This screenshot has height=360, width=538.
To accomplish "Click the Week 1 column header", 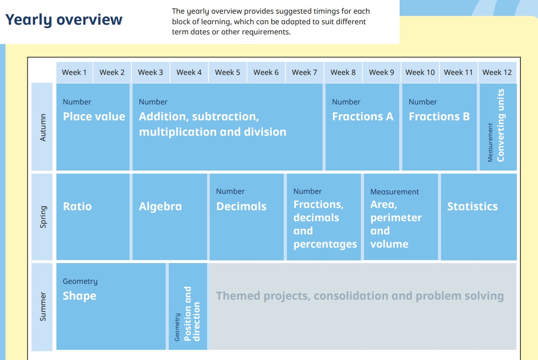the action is click(74, 72).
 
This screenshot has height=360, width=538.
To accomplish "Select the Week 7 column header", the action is click(304, 72).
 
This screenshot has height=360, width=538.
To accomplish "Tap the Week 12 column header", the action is click(497, 72).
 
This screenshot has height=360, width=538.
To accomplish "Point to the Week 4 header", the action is click(189, 72).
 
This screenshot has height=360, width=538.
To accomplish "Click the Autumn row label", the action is click(43, 127).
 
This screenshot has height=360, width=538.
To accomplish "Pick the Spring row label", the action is click(43, 217).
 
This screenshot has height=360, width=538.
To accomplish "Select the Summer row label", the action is click(43, 306).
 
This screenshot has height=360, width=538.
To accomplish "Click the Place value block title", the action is click(94, 117).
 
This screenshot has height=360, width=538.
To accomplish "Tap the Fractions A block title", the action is click(363, 116).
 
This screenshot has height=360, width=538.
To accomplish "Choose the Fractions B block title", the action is click(439, 116).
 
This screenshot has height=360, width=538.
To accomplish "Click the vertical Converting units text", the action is click(501, 126).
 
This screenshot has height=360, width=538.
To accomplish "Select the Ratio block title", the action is click(78, 206).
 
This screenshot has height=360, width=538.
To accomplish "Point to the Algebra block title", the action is click(160, 207).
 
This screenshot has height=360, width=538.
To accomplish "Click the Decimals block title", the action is click(241, 206).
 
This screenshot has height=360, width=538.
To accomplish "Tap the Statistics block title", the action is click(472, 206).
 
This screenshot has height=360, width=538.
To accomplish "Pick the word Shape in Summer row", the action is click(79, 296).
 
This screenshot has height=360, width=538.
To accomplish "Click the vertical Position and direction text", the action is click(192, 314).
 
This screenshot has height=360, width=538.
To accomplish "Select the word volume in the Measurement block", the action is click(390, 244).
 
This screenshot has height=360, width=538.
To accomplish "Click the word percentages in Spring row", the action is click(325, 245).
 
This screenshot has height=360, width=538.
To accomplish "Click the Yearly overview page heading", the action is click(64, 20).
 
